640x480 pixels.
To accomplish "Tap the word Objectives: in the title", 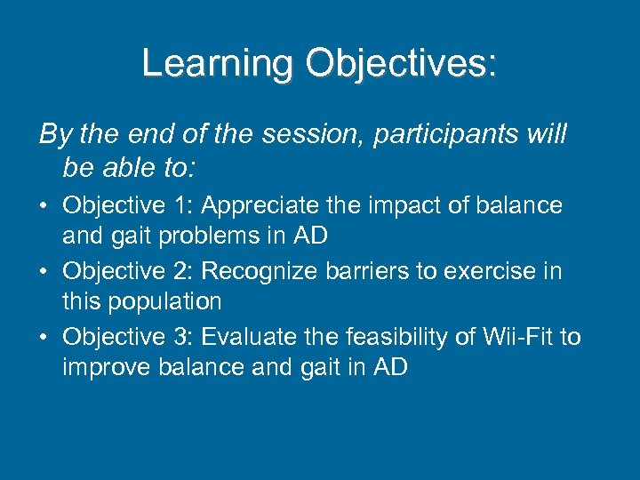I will click(401, 63).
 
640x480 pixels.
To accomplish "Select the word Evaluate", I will click(252, 337).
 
